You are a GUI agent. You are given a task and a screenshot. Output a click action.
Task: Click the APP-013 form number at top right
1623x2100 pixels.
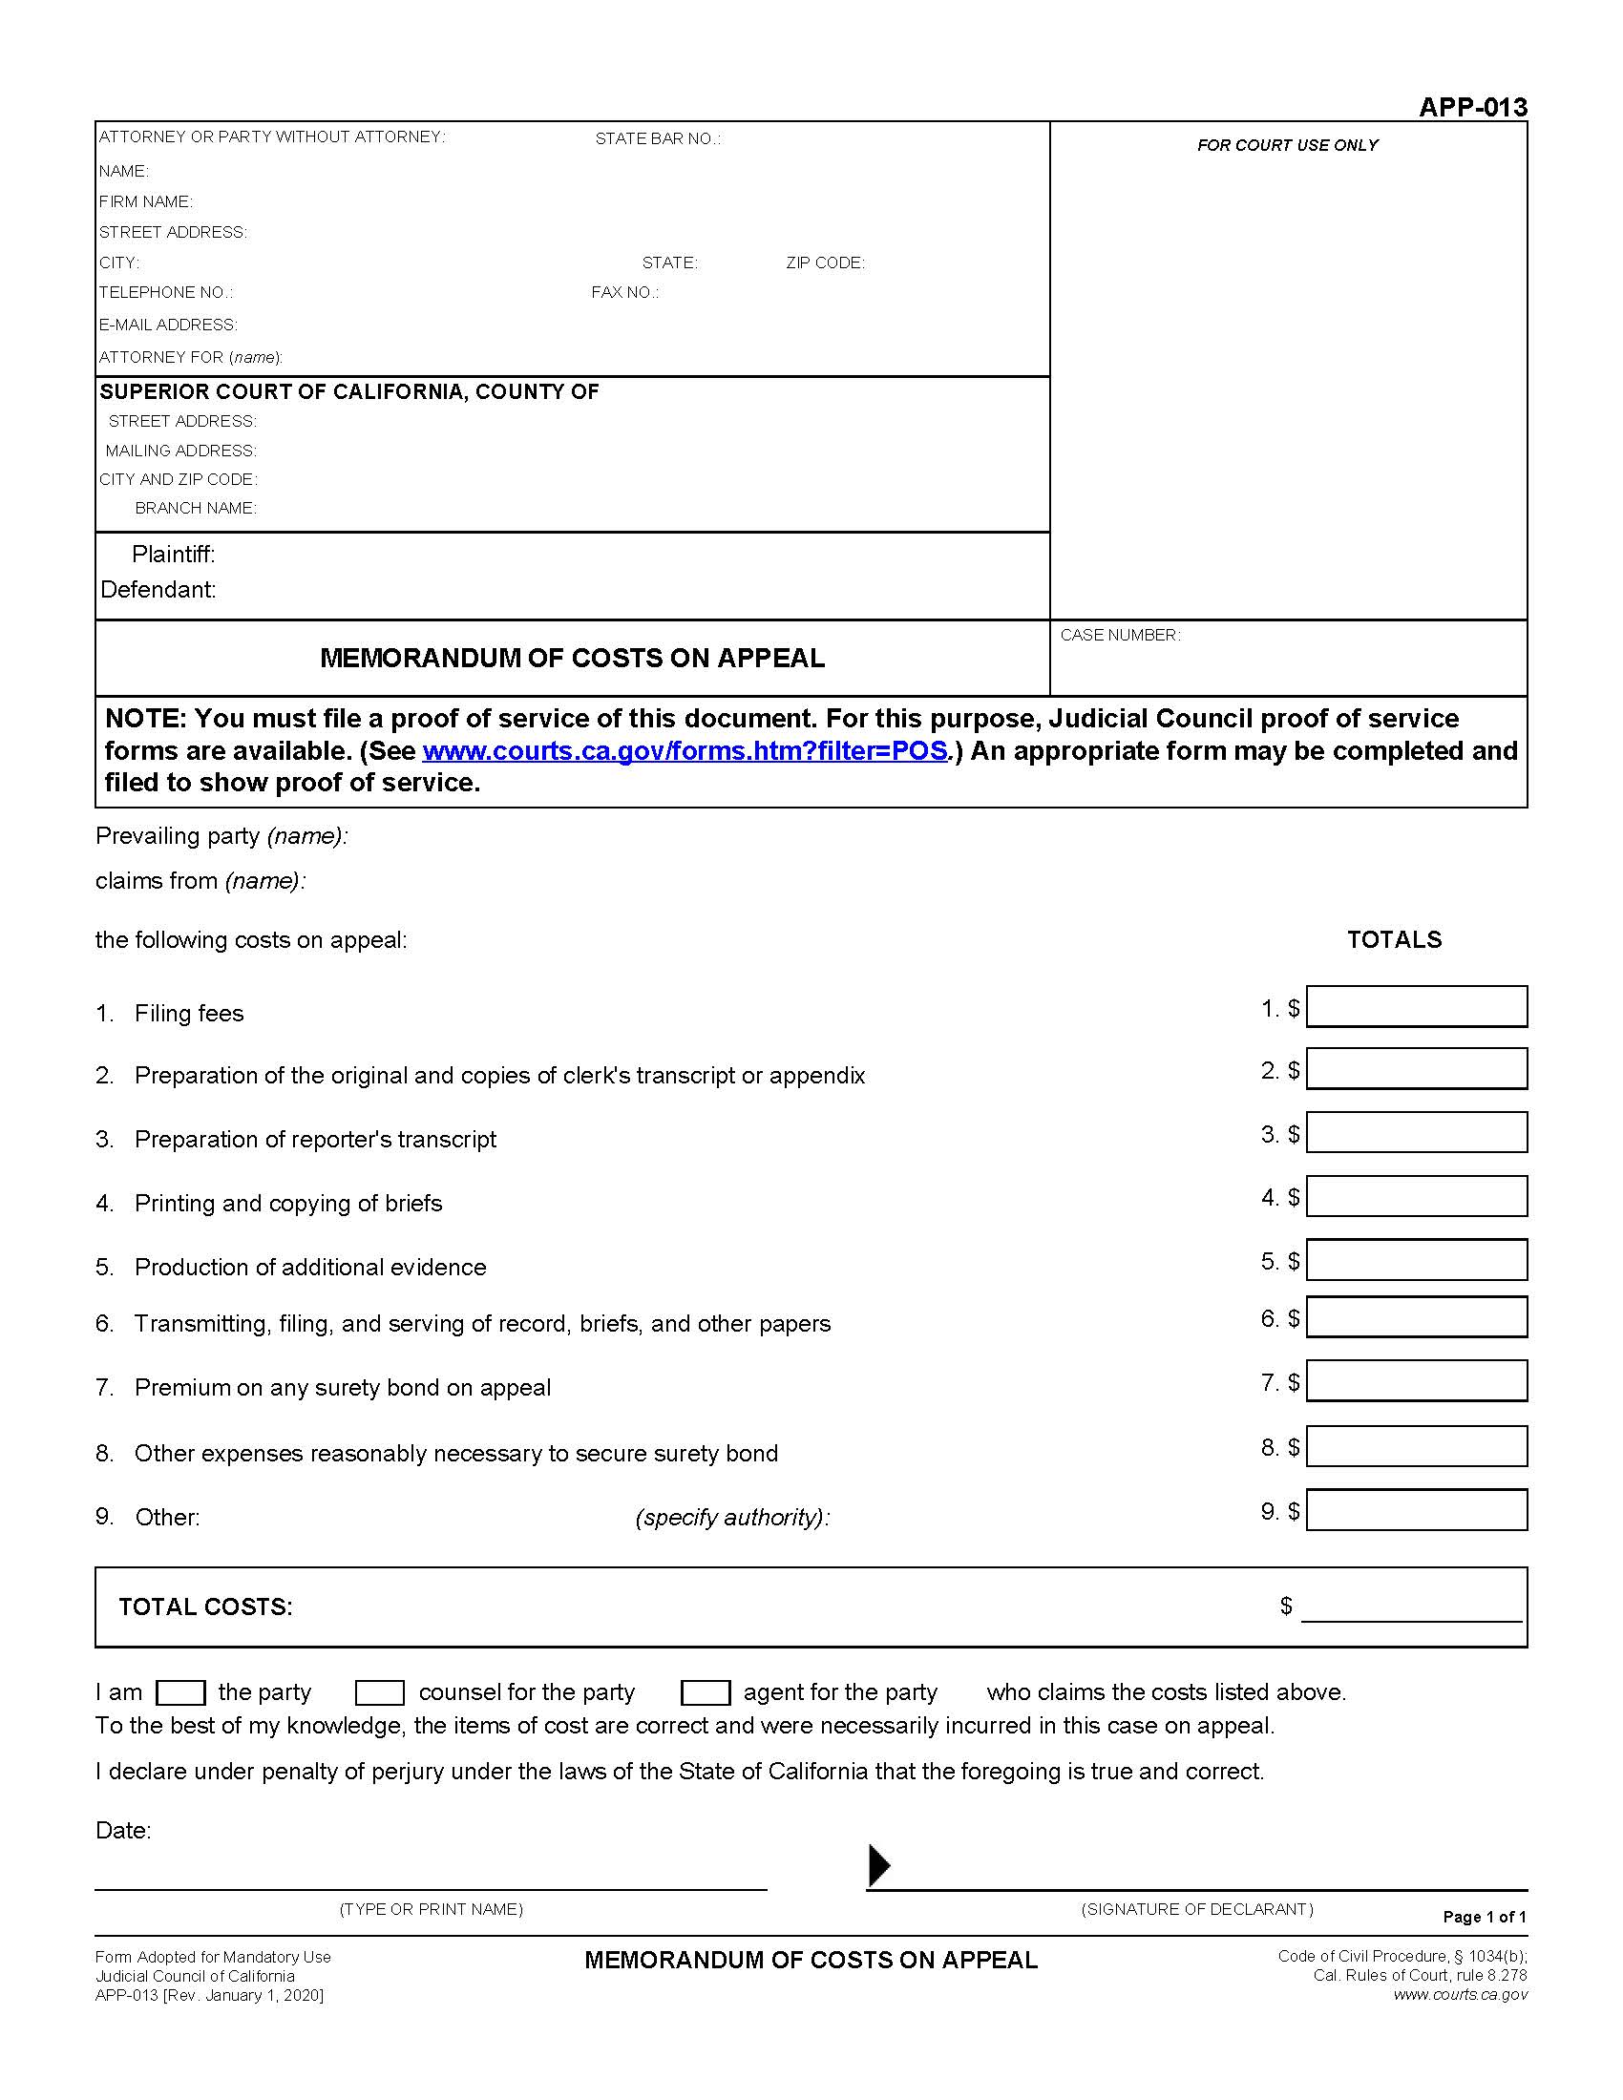point(1472,107)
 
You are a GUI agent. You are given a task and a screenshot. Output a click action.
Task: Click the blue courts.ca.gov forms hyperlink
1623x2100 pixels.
point(685,751)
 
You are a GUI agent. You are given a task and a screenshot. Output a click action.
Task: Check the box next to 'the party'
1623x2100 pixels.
point(179,1692)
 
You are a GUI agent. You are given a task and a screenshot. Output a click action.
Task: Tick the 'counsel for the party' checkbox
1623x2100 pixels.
point(380,1692)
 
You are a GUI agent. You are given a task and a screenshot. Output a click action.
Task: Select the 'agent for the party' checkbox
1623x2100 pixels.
point(705,1692)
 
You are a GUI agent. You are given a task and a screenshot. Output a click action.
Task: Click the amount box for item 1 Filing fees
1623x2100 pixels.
point(1416,1007)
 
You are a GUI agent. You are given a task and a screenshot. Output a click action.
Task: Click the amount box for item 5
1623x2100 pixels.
point(1416,1260)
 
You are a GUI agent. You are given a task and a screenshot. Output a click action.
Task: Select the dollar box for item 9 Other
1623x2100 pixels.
point(1416,1510)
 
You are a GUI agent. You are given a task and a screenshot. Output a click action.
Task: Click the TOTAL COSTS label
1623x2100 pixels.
point(206,1606)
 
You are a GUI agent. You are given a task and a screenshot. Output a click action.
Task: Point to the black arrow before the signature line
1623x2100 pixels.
point(878,1865)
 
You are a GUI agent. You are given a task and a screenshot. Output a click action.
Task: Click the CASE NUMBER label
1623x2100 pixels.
point(1120,636)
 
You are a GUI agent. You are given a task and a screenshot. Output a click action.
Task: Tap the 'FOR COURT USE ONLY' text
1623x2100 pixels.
point(1288,145)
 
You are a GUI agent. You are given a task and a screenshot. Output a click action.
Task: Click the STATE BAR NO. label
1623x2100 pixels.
point(658,138)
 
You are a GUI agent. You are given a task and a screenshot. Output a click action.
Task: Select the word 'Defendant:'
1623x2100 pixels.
point(158,589)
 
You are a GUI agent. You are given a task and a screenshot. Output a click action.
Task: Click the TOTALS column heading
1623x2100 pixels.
point(1394,939)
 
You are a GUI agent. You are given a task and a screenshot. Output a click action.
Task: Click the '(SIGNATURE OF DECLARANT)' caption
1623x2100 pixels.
point(1197,1910)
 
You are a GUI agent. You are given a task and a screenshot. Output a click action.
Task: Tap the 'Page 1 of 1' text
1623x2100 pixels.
point(1485,1917)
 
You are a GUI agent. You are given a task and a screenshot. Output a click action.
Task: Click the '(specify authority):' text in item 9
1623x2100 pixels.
point(731,1518)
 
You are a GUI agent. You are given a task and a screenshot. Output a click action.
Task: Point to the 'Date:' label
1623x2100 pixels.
point(123,1830)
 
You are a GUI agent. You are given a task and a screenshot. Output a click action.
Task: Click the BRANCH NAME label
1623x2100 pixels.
point(195,508)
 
